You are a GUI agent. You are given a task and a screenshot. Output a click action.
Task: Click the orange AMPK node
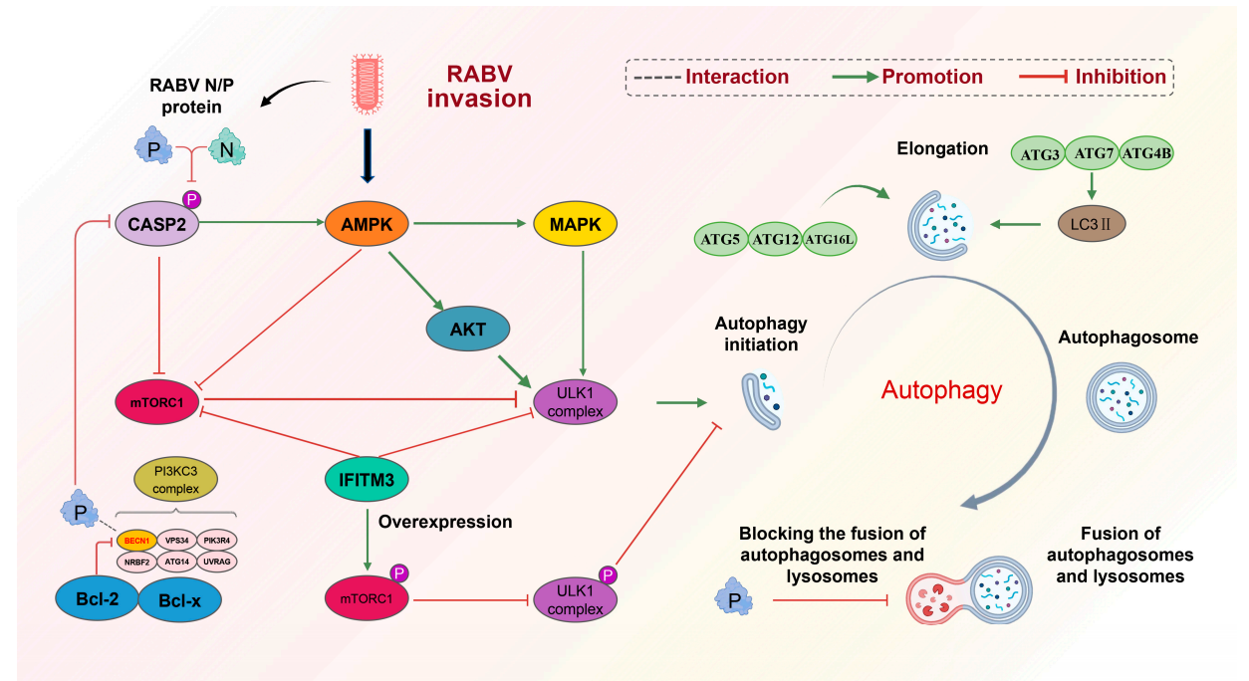[x=367, y=223]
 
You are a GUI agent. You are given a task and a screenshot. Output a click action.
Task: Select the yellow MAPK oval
[x=576, y=223]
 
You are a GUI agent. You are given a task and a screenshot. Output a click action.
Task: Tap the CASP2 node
[x=156, y=223]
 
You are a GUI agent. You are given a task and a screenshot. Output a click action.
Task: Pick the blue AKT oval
[x=468, y=329]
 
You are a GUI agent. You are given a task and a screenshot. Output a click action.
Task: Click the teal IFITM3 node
[x=367, y=479]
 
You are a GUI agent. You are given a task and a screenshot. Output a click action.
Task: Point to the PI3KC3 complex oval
[x=175, y=479]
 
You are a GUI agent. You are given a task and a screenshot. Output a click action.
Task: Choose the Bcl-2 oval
[x=97, y=599]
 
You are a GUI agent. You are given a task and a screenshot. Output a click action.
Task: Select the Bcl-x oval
[x=179, y=600]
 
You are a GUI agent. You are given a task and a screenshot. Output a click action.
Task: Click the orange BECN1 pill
[x=136, y=541]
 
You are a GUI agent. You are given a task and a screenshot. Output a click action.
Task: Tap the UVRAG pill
[x=217, y=562]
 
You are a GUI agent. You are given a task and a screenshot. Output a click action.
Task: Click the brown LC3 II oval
[x=1092, y=224]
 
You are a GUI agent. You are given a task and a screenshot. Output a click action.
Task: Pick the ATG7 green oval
[x=1093, y=153]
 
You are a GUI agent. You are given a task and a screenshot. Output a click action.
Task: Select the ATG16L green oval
[x=830, y=239]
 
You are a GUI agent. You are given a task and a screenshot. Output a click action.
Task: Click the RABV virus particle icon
[x=367, y=85]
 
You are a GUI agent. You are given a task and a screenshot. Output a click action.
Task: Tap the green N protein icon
[x=226, y=146]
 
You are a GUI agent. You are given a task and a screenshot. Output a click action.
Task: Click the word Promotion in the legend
[x=932, y=77]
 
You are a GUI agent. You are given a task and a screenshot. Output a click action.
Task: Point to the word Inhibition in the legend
[x=1121, y=77]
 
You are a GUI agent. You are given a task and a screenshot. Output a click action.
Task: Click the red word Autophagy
[x=942, y=390]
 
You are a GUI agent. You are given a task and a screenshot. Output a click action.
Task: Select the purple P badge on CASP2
[x=192, y=199]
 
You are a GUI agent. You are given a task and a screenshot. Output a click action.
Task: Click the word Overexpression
[x=445, y=522]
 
